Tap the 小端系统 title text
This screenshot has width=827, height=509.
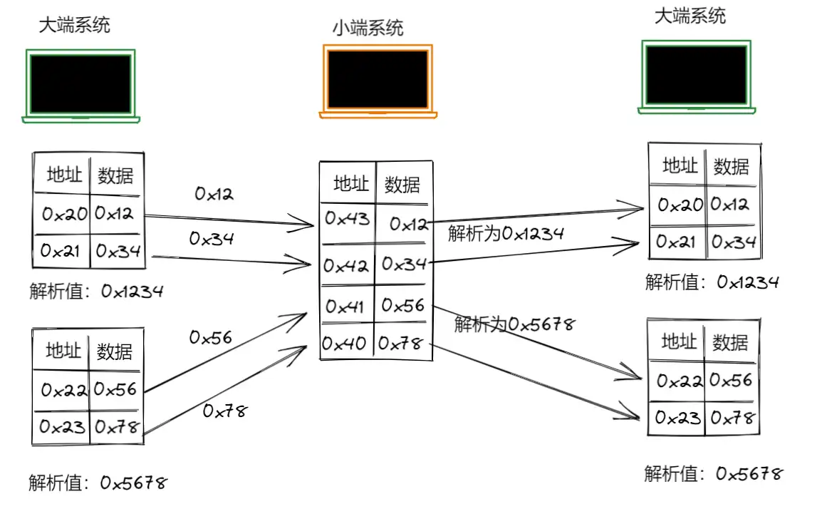coord(368,28)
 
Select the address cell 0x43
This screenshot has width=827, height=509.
coord(347,220)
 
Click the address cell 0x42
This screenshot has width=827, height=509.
coord(346,266)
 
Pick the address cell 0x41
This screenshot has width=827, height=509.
coord(345,307)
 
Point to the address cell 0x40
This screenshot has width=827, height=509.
coord(345,344)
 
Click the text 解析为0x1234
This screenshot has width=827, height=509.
coord(506,233)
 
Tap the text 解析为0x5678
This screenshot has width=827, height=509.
coord(514,324)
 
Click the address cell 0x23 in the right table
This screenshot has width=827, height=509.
coord(677,417)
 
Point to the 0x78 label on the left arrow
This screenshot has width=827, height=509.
coord(224,411)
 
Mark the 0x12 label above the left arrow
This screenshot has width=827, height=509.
coord(214,193)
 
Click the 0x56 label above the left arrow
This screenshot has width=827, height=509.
coord(211,337)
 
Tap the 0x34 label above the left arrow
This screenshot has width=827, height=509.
coord(212,239)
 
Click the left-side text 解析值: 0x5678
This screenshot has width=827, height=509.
coord(98,483)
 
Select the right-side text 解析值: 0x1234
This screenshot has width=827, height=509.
coord(712,282)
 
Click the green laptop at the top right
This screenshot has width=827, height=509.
coord(696,76)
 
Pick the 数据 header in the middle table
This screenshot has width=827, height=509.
coord(402,185)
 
